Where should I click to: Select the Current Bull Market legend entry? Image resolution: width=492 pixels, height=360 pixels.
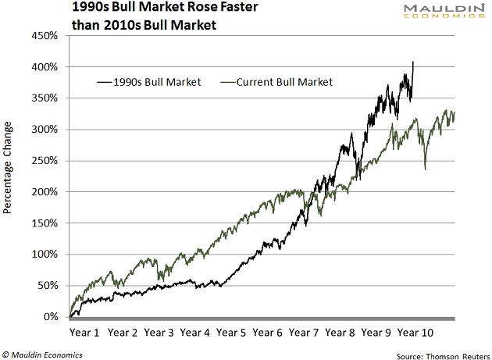(278, 81)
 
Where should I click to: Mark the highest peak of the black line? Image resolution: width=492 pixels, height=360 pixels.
(413, 62)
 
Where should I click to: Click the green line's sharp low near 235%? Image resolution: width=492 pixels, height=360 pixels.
(426, 169)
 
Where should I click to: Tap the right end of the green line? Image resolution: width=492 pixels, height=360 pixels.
(454, 115)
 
